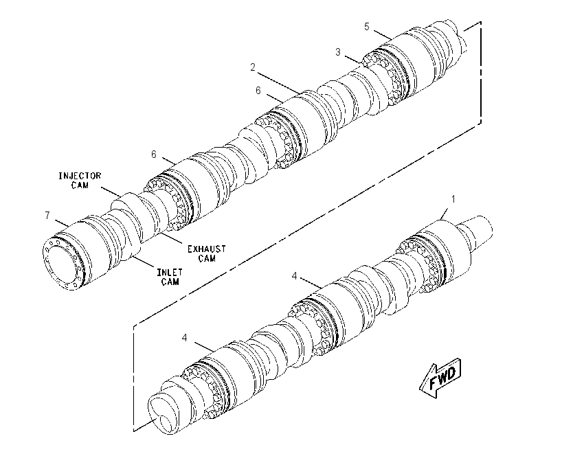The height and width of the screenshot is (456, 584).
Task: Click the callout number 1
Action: click(x=453, y=200)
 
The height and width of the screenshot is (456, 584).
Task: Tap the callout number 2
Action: click(x=253, y=67)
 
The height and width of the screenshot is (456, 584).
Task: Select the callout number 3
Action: click(x=338, y=52)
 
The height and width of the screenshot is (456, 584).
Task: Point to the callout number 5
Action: click(x=367, y=27)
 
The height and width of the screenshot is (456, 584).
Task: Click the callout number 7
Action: click(x=47, y=216)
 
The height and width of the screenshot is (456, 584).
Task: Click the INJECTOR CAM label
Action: click(x=80, y=181)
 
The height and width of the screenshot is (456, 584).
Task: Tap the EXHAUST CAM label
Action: click(x=207, y=253)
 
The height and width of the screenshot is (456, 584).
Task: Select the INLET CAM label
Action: click(x=170, y=277)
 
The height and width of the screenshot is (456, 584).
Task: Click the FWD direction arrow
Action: click(x=441, y=378)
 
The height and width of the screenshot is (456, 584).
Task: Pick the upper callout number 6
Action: click(x=258, y=91)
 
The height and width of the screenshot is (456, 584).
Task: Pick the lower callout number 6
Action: click(x=154, y=154)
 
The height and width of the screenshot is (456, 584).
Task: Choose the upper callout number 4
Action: click(x=295, y=276)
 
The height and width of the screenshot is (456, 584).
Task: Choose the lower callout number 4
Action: click(x=185, y=338)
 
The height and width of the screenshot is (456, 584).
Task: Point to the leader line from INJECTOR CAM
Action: click(x=111, y=192)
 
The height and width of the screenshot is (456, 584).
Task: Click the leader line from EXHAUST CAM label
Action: click(x=172, y=238)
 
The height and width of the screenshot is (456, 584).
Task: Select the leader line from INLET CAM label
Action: click(x=144, y=261)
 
